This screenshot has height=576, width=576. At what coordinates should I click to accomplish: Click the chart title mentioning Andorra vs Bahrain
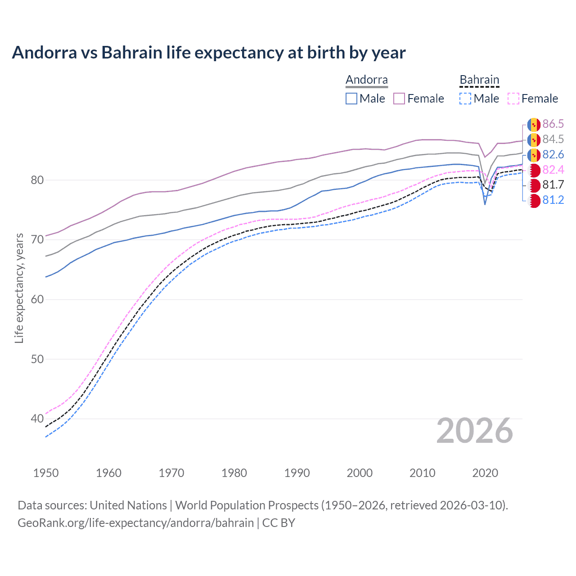coord(209,53)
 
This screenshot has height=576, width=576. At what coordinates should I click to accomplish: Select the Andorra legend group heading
coord(366,80)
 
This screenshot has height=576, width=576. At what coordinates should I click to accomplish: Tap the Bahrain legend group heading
coord(479,80)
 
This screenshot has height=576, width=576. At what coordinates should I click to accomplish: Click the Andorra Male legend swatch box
coord(351,99)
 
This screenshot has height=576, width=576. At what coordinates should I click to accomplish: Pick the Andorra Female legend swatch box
coord(399,99)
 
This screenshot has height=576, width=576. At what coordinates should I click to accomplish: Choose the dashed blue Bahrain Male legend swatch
coord(465,99)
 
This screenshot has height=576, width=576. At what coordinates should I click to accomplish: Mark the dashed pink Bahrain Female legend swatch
coord(513,99)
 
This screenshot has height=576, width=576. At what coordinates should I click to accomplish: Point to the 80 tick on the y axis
coord(37,180)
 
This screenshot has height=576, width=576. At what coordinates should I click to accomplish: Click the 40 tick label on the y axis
coord(37,419)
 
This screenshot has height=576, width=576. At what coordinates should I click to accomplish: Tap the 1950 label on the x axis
coord(46,473)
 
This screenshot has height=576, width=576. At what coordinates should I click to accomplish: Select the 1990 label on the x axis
coord(297,473)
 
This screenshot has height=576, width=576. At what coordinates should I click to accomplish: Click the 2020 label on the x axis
coord(485,473)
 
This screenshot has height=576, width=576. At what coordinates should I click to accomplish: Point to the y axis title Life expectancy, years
coord(19,288)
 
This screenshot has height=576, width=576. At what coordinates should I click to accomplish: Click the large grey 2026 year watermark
coord(474,431)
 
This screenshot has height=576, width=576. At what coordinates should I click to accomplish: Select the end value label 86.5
coord(553,124)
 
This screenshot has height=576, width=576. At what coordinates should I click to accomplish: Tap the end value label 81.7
coord(553,185)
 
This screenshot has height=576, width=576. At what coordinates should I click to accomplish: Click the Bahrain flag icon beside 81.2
coord(534,201)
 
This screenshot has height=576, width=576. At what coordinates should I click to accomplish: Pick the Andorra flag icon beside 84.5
coord(534,139)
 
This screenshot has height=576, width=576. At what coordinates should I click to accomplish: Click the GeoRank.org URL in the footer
coord(135,523)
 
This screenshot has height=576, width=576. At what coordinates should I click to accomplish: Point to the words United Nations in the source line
coord(128,505)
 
